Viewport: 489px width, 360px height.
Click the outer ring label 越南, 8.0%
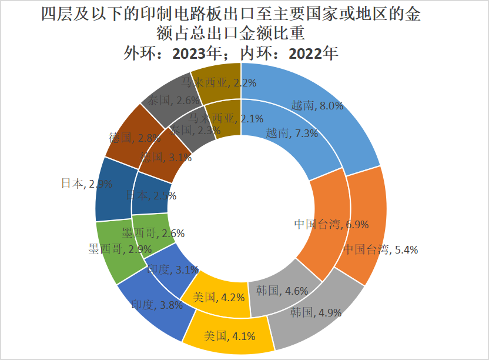point(317,106)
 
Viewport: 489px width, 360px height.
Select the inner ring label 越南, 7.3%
point(292,133)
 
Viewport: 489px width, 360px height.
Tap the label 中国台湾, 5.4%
point(380,249)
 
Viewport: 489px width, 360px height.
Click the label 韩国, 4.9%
point(316,312)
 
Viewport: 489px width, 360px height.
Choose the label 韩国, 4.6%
point(279,290)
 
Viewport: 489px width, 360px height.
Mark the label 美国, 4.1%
point(229,336)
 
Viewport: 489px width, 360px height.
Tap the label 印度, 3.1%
point(173,270)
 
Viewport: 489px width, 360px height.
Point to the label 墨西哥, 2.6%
point(153,233)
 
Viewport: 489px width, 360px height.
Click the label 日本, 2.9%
point(86,184)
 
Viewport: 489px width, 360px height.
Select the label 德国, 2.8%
point(135,138)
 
